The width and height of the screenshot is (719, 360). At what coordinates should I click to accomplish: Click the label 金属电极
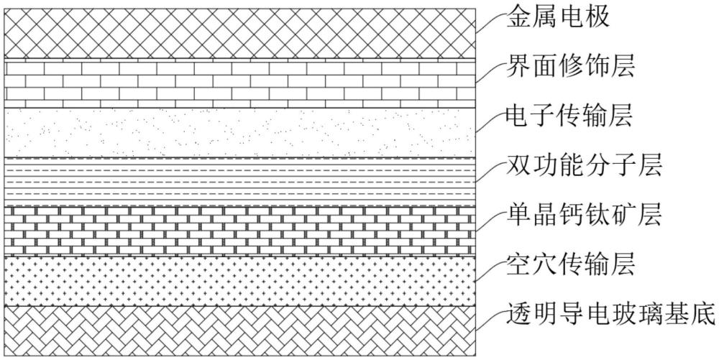[x=558, y=18]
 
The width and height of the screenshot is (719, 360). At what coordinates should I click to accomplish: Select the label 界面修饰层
[x=570, y=68]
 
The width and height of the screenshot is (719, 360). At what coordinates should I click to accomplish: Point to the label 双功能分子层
[x=584, y=165]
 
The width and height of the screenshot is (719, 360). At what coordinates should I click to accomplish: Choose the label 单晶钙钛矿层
[x=584, y=214]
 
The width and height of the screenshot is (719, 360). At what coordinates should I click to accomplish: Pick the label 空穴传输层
[x=570, y=264]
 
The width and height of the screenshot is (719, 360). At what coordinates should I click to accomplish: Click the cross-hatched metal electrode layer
[x=240, y=34]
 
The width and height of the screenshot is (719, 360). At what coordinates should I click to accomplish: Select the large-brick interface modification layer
[x=240, y=83]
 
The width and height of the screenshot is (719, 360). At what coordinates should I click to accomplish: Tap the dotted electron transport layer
[x=240, y=133]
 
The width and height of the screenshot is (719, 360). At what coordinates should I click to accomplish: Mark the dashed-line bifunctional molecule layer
[x=240, y=182]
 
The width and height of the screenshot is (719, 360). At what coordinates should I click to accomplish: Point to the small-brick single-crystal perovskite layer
[x=240, y=231]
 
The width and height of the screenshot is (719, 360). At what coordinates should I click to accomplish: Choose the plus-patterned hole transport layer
[x=240, y=281]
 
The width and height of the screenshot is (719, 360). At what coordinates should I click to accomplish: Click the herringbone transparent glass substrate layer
[x=240, y=331]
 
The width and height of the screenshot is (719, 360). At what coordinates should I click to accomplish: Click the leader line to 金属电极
[x=490, y=22]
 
